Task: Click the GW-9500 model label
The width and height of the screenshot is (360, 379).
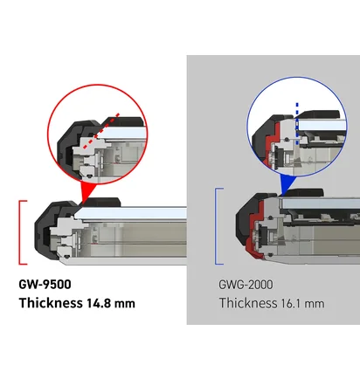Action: [x=45, y=285]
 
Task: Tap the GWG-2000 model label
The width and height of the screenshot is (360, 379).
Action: [x=246, y=285]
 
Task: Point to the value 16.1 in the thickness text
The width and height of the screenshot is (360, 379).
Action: [x=291, y=304]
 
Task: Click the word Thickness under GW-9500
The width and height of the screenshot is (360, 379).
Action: [x=51, y=303]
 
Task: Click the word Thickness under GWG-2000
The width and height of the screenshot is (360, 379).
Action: [x=248, y=303]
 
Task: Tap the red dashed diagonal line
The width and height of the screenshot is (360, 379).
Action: [x=101, y=131]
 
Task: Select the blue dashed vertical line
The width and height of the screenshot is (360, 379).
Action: [x=297, y=123]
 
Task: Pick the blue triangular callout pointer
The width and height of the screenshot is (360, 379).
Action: [x=287, y=184]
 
